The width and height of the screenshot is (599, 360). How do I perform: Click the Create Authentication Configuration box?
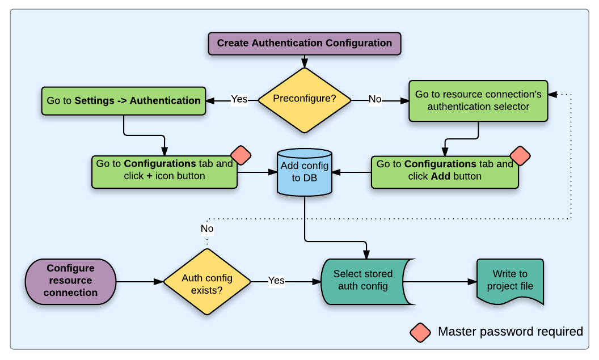tap(304, 43)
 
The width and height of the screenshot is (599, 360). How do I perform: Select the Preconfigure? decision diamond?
tap(305, 99)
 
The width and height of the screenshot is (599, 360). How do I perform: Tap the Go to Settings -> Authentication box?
tap(124, 101)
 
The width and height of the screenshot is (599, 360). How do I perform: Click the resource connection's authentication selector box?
tap(478, 100)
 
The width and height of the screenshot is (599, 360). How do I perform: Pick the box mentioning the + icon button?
tap(164, 171)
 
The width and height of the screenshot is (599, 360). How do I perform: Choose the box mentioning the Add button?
tap(445, 171)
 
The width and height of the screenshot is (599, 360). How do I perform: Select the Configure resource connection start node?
tap(70, 281)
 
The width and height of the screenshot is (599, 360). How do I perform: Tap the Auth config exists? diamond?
tap(207, 281)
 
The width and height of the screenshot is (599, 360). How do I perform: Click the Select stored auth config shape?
tap(363, 281)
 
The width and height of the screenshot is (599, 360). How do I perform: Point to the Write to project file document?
tap(510, 281)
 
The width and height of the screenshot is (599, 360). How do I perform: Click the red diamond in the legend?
tap(420, 332)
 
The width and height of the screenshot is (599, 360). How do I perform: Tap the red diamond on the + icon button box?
tap(241, 155)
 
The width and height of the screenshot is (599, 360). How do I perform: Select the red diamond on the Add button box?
tap(520, 155)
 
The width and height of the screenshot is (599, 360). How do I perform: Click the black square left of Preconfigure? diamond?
tap(239, 101)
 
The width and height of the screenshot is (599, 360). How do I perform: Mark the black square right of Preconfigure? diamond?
tap(375, 101)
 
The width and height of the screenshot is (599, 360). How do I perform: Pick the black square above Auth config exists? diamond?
tap(207, 230)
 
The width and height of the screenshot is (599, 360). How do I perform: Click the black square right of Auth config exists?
tap(276, 281)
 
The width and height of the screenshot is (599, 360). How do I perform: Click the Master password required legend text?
tap(510, 332)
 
